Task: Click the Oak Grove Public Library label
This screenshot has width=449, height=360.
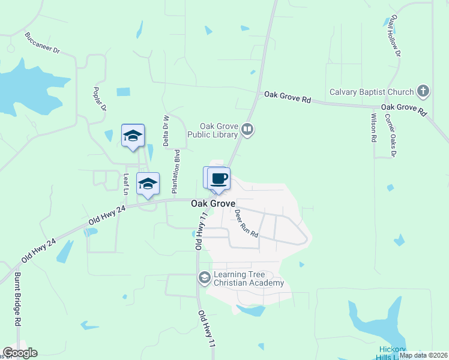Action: (220, 130)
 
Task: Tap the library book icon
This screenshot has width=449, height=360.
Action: (247, 129)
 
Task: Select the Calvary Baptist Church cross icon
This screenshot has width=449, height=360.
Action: (423, 92)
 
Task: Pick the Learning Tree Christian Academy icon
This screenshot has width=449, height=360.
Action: (204, 277)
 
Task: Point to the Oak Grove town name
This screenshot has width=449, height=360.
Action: (212, 204)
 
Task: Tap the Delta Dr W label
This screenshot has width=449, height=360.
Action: (166, 130)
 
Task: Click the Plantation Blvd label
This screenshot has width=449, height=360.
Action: (177, 171)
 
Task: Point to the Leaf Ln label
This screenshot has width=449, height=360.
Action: (126, 184)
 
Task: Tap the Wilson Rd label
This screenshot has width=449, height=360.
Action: (373, 127)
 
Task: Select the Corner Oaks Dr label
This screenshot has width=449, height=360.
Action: (391, 136)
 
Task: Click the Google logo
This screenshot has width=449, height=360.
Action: (20, 353)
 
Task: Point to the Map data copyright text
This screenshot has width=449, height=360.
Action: (423, 355)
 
